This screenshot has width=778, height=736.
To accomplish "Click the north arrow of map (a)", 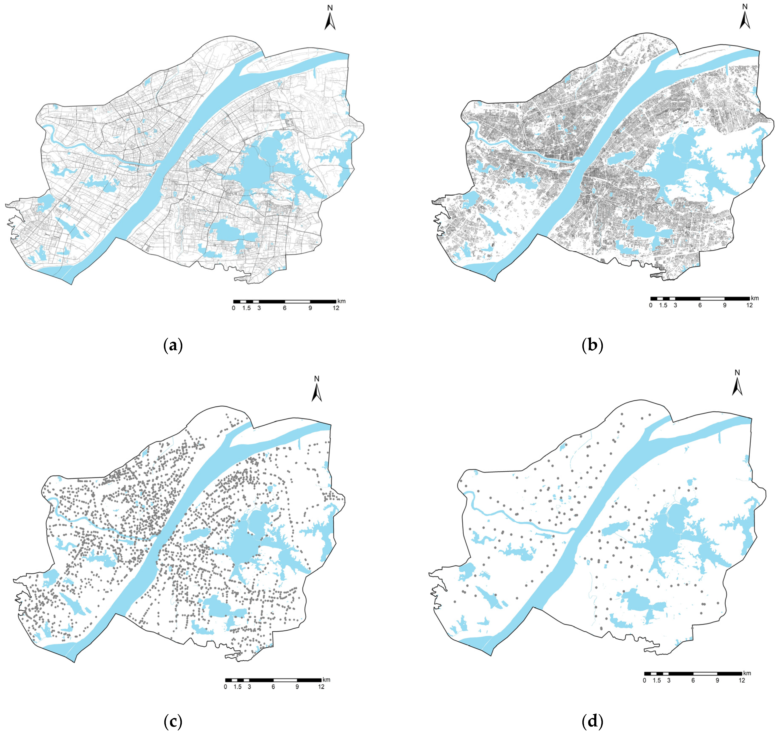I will pyautogui.click(x=330, y=22).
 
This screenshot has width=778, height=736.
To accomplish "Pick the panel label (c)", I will pyautogui.click(x=173, y=721).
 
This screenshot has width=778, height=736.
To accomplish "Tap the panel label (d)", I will pyautogui.click(x=593, y=721).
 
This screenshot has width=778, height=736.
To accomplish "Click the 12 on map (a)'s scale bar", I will pyautogui.click(x=336, y=308).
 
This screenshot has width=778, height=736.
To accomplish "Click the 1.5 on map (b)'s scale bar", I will pyautogui.click(x=663, y=305).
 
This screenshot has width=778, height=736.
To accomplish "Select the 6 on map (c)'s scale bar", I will pyautogui.click(x=273, y=687).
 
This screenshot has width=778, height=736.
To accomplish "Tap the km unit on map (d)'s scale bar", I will pyautogui.click(x=747, y=673).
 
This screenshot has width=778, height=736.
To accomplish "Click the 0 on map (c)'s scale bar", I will pyautogui.click(x=225, y=687).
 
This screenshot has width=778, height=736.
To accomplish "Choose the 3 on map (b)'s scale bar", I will pyautogui.click(x=675, y=305).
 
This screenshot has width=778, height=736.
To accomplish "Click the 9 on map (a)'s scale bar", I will pyautogui.click(x=310, y=308).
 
